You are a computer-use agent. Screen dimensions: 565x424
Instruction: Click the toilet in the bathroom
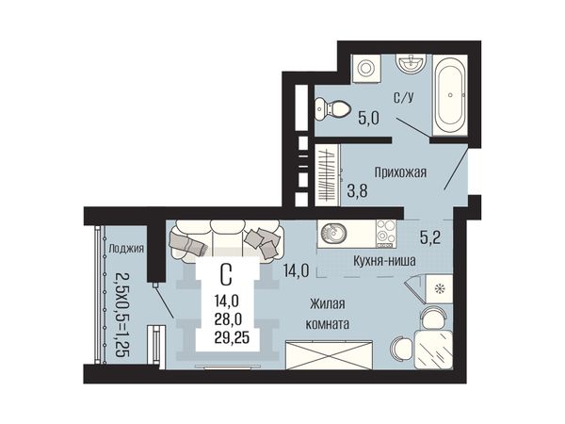coord(332,108)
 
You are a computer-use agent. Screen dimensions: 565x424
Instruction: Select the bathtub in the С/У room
coord(450,95)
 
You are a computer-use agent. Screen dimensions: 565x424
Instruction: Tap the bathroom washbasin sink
coord(411,63)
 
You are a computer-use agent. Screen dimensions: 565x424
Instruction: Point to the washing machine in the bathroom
coord(365,68)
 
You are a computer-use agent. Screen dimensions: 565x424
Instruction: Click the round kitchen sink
coord(333,233)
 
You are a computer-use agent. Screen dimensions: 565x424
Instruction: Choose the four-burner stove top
coord(386,234)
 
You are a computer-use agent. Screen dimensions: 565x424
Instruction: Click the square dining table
coord(433,349)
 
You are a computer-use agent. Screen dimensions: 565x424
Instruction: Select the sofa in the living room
coord(226,240)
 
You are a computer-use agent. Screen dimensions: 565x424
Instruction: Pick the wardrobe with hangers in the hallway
coord(328,175)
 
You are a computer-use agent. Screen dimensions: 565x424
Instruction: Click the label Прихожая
coord(400,172)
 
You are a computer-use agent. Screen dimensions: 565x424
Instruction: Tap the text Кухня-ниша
coord(384,260)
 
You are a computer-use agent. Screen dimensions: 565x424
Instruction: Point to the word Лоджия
coord(126,248)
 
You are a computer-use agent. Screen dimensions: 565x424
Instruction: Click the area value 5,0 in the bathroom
coord(368,119)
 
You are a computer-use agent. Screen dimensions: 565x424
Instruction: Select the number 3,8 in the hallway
coord(357,190)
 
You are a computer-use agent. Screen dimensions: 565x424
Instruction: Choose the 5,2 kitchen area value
coord(430,237)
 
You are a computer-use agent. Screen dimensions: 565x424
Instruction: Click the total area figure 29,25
coord(232,338)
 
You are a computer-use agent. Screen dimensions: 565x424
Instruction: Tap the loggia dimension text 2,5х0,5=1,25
coord(121,314)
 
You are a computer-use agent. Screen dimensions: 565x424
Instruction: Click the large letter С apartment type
coord(226,275)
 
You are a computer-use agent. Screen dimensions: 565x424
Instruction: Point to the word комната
coord(327,324)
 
